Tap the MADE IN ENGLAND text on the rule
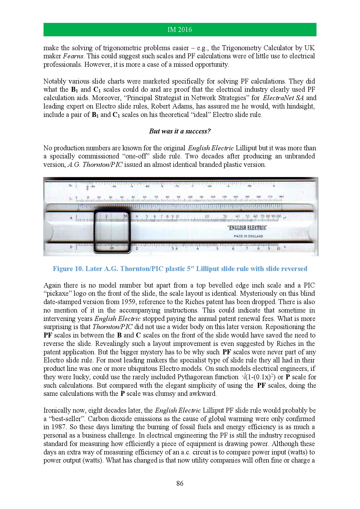[248, 236]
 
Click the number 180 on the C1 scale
[281, 197]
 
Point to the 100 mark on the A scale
[278, 216]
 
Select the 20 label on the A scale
[207, 216]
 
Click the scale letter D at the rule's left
[71, 247]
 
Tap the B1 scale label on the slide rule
[71, 185]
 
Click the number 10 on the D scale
[278, 249]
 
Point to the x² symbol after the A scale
[284, 218]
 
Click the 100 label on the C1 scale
[190, 197]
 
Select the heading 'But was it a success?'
[180, 131]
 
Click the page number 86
[180, 483]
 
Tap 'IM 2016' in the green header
[180, 30]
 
